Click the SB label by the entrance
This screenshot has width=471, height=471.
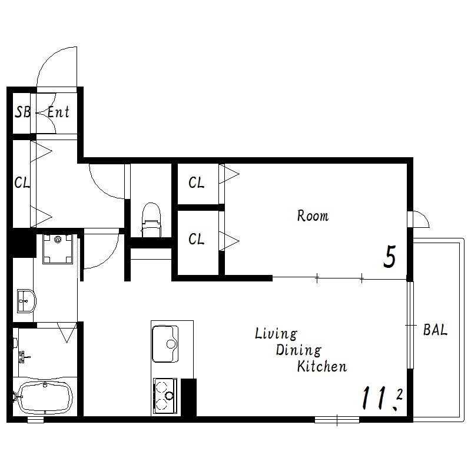pos(23,112)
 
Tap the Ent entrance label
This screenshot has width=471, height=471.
pos(58,112)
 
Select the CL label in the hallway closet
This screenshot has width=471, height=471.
pos(22,183)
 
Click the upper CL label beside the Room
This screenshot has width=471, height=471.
pos(197,183)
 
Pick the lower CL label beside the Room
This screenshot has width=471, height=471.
pos(197,239)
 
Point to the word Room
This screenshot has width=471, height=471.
pos(313,216)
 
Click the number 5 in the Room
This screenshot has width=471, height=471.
pos(390,257)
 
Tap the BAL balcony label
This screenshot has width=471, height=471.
pos(435,330)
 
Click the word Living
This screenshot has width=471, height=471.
pos(276,334)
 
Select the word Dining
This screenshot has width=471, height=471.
pos(298,350)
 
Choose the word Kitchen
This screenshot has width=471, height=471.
pos(322,366)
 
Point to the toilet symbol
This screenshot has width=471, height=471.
pos(151,220)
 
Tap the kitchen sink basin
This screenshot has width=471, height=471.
pos(165,344)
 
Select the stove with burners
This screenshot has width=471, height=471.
pos(165,396)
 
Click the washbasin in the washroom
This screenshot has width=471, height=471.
pos(26,301)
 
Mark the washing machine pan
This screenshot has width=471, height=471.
pos(58,249)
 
